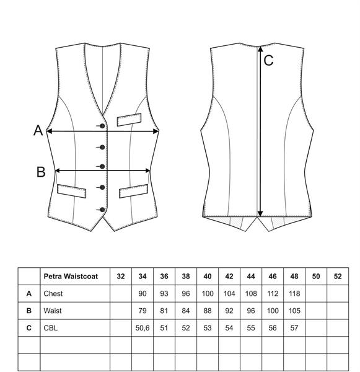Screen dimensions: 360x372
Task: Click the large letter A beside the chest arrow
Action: [38, 130]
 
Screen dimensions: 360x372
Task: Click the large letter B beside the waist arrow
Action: [41, 172]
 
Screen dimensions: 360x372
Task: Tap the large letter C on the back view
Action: [268, 60]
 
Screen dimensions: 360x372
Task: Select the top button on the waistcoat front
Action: [102, 126]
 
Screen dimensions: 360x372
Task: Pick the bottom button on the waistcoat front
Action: [102, 210]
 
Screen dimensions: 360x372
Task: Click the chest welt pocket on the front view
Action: [130, 120]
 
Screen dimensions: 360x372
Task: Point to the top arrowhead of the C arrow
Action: [260, 49]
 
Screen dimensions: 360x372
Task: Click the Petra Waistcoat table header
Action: [71, 276]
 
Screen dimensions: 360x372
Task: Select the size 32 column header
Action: [121, 276]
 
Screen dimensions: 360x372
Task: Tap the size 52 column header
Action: [338, 276]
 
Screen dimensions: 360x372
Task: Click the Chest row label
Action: [53, 293]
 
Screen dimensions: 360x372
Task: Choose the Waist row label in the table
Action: [53, 311]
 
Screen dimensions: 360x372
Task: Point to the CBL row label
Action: [51, 328]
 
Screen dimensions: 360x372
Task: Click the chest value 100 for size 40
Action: [208, 293]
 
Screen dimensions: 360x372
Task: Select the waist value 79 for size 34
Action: [143, 311]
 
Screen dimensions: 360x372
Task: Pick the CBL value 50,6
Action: [143, 328]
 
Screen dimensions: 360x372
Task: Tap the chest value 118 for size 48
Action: [294, 293]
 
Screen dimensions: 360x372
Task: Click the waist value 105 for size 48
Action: [294, 311]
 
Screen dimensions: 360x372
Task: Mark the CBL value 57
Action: [294, 328]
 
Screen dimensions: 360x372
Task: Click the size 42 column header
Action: [229, 276]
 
